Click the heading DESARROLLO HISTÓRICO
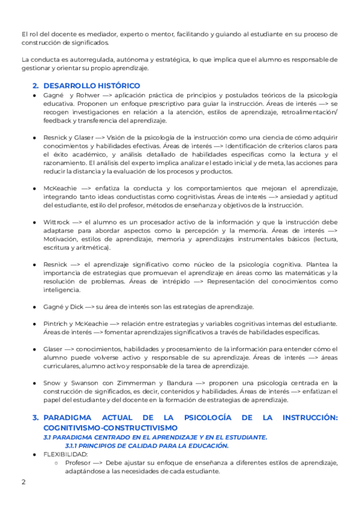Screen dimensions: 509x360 [92, 85]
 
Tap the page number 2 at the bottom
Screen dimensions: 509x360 [23, 481]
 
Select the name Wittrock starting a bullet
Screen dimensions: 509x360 [55, 221]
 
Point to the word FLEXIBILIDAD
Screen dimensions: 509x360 [65, 454]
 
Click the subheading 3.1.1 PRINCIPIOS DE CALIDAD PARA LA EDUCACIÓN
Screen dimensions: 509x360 [146, 445]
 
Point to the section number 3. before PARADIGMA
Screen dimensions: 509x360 [35, 417]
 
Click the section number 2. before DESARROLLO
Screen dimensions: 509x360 [35, 85]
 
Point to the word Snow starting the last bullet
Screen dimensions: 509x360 [52, 382]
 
